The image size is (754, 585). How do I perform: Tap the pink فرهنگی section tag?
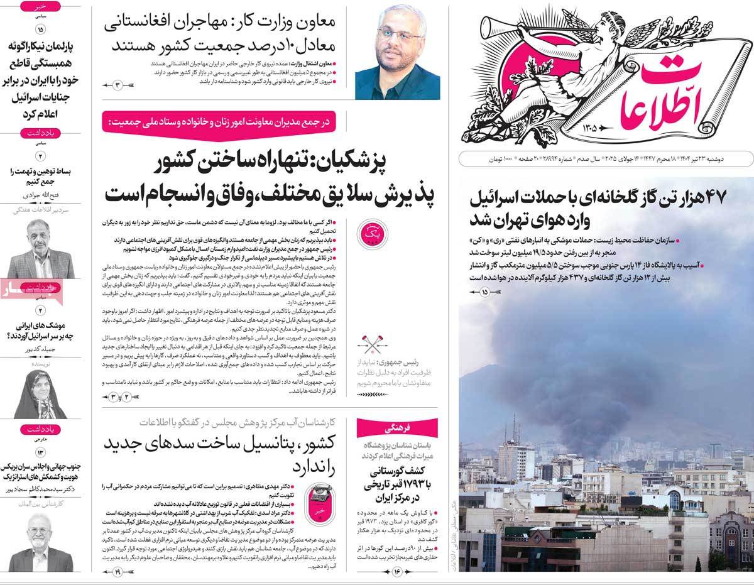click(402, 428)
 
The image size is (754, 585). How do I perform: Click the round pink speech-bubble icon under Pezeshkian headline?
click(368, 233)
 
